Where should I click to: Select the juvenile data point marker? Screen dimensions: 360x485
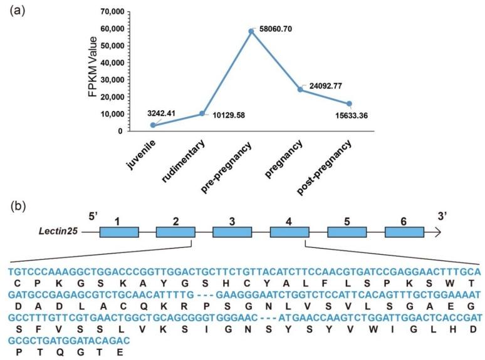click(153, 125)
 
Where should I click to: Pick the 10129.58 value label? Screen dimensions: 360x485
click(229, 116)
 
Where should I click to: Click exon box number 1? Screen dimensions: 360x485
click(119, 232)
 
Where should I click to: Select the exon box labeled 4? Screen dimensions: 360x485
click(289, 232)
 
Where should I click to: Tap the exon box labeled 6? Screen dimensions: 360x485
click(404, 232)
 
